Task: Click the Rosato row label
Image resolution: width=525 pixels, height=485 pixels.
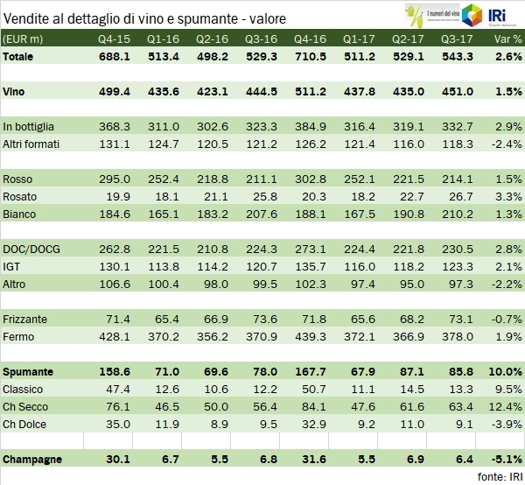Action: (20, 197)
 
